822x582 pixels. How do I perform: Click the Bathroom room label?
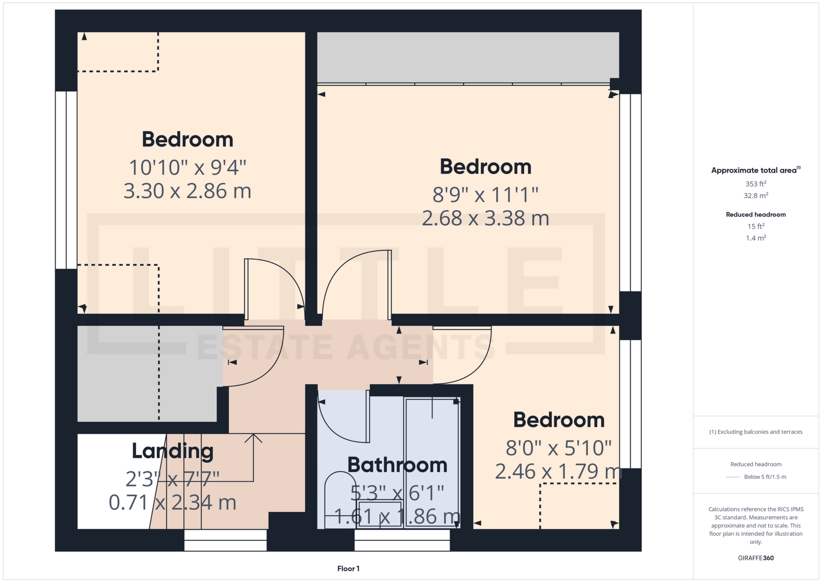pyautogui.click(x=397, y=465)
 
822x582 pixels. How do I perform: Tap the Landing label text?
pyautogui.click(x=173, y=451)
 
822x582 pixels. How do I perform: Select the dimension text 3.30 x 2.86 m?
pyautogui.click(x=187, y=191)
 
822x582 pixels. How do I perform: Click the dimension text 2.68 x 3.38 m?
pyautogui.click(x=485, y=219)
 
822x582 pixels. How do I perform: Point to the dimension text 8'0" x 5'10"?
pyautogui.click(x=558, y=448)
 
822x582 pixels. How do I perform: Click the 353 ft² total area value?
pyautogui.click(x=756, y=184)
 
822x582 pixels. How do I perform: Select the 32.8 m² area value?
pyautogui.click(x=756, y=196)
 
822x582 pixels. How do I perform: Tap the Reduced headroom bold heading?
pyautogui.click(x=756, y=215)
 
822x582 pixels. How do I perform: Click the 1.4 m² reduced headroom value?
pyautogui.click(x=756, y=238)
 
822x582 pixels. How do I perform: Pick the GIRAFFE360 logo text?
pyautogui.click(x=756, y=558)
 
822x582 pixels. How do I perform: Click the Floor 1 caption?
pyautogui.click(x=348, y=569)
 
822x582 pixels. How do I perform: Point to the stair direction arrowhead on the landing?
pyautogui.click(x=253, y=437)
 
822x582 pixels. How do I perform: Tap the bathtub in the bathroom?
pyautogui.click(x=432, y=463)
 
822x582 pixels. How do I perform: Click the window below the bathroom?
pyautogui.click(x=402, y=540)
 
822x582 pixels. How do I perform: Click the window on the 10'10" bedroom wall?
pyautogui.click(x=66, y=180)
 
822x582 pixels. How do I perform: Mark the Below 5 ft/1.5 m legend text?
pyautogui.click(x=765, y=477)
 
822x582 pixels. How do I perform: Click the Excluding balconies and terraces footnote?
pyautogui.click(x=756, y=432)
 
